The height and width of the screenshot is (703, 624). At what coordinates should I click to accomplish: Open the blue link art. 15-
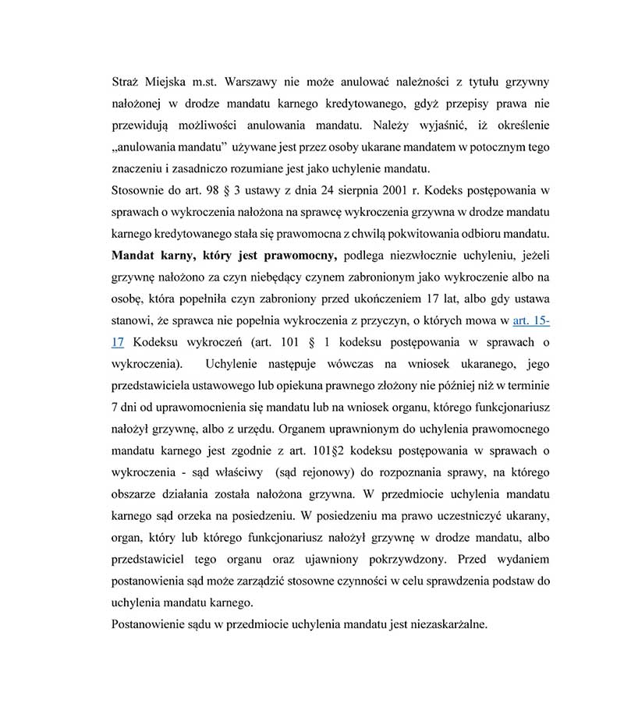530,320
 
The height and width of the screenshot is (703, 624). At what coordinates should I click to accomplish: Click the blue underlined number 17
119,342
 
